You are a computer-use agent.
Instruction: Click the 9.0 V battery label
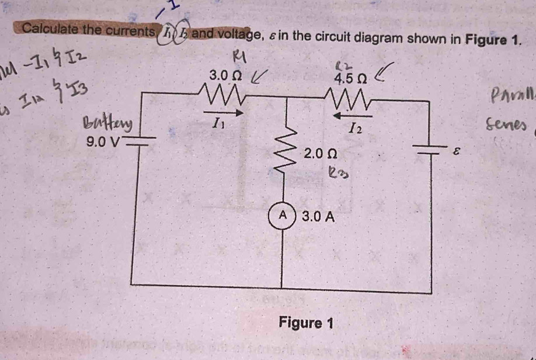103,141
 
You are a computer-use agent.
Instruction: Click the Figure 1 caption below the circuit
306,322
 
